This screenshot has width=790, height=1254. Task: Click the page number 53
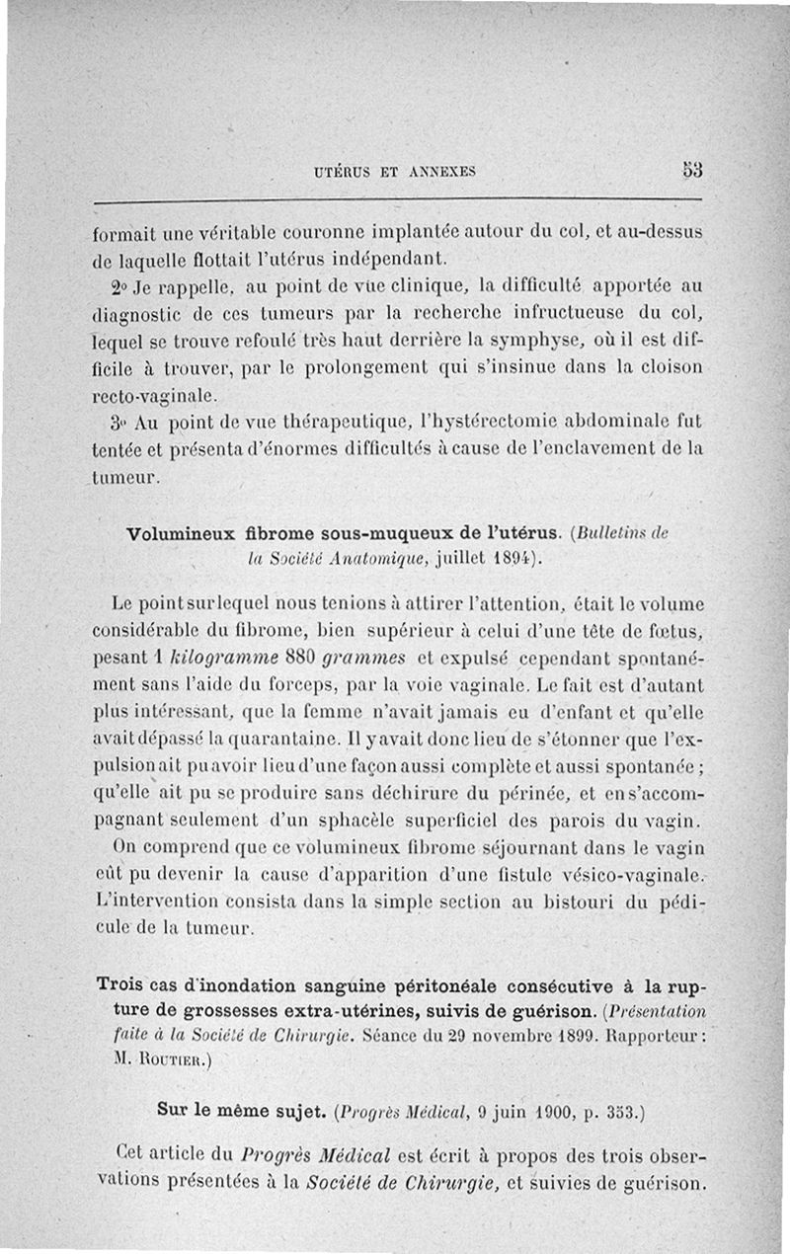click(690, 169)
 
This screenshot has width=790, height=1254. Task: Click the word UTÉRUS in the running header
click(342, 172)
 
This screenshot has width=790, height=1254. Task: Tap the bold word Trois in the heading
click(123, 985)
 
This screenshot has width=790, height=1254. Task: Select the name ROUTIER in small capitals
click(173, 1062)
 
